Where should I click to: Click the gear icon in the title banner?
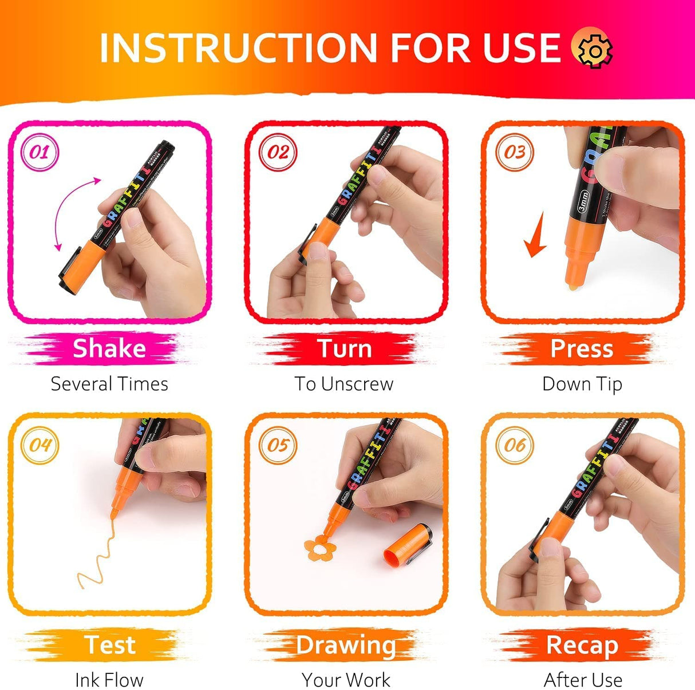coord(592,48)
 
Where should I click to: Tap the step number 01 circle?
coord(40,152)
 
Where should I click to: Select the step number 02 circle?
coord(278,152)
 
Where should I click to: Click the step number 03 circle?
coord(514,152)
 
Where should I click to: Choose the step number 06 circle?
coord(514,445)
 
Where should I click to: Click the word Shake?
coord(109,348)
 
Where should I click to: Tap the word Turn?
coord(345,348)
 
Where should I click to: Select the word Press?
coord(582,348)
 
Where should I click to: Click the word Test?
coord(110,645)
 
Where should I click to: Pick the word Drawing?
coord(346,645)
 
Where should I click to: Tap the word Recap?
coord(582,645)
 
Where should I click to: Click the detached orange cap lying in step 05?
coord(408,544)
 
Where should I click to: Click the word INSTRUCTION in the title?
coord(238,48)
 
